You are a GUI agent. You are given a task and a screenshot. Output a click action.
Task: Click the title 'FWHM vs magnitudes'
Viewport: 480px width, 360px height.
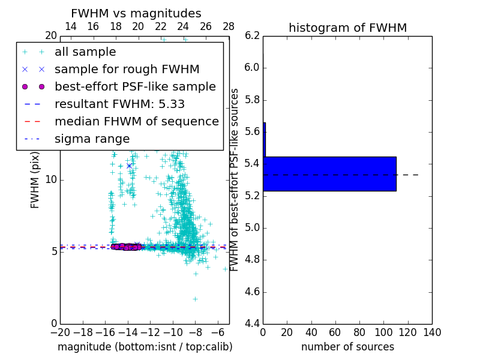pyautogui.click(x=136, y=13)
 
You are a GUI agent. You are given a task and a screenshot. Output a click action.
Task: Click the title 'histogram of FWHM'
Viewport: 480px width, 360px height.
pyautogui.click(x=347, y=28)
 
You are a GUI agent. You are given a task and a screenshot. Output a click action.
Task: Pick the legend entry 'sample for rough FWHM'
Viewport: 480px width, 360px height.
pyautogui.click(x=127, y=69)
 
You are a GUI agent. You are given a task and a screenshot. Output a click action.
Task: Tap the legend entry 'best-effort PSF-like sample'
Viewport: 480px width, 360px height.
pyautogui.click(x=135, y=86)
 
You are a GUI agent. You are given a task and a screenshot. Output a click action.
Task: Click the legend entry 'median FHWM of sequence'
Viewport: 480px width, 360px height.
pyautogui.click(x=136, y=121)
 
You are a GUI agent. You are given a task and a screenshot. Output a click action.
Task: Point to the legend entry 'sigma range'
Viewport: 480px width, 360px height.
pyautogui.click(x=92, y=139)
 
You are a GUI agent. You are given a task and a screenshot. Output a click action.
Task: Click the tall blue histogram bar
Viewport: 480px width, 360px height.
pyautogui.click(x=330, y=174)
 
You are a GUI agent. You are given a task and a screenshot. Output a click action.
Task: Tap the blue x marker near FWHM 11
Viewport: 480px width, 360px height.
pyautogui.click(x=129, y=166)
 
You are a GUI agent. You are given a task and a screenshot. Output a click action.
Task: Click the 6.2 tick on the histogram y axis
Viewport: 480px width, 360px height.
pyautogui.click(x=252, y=35)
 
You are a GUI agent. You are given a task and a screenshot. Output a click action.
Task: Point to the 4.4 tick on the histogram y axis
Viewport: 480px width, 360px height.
pyautogui.click(x=252, y=324)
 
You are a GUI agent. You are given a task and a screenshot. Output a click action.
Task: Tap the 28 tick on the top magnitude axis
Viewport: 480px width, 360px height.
pyautogui.click(x=229, y=26)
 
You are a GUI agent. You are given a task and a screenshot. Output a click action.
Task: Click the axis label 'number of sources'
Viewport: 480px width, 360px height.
pyautogui.click(x=347, y=347)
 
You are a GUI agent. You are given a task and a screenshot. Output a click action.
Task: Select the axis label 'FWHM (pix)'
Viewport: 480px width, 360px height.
pyautogui.click(x=35, y=179)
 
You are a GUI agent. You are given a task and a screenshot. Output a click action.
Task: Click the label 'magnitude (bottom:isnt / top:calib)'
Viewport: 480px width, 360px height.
pyautogui.click(x=145, y=347)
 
